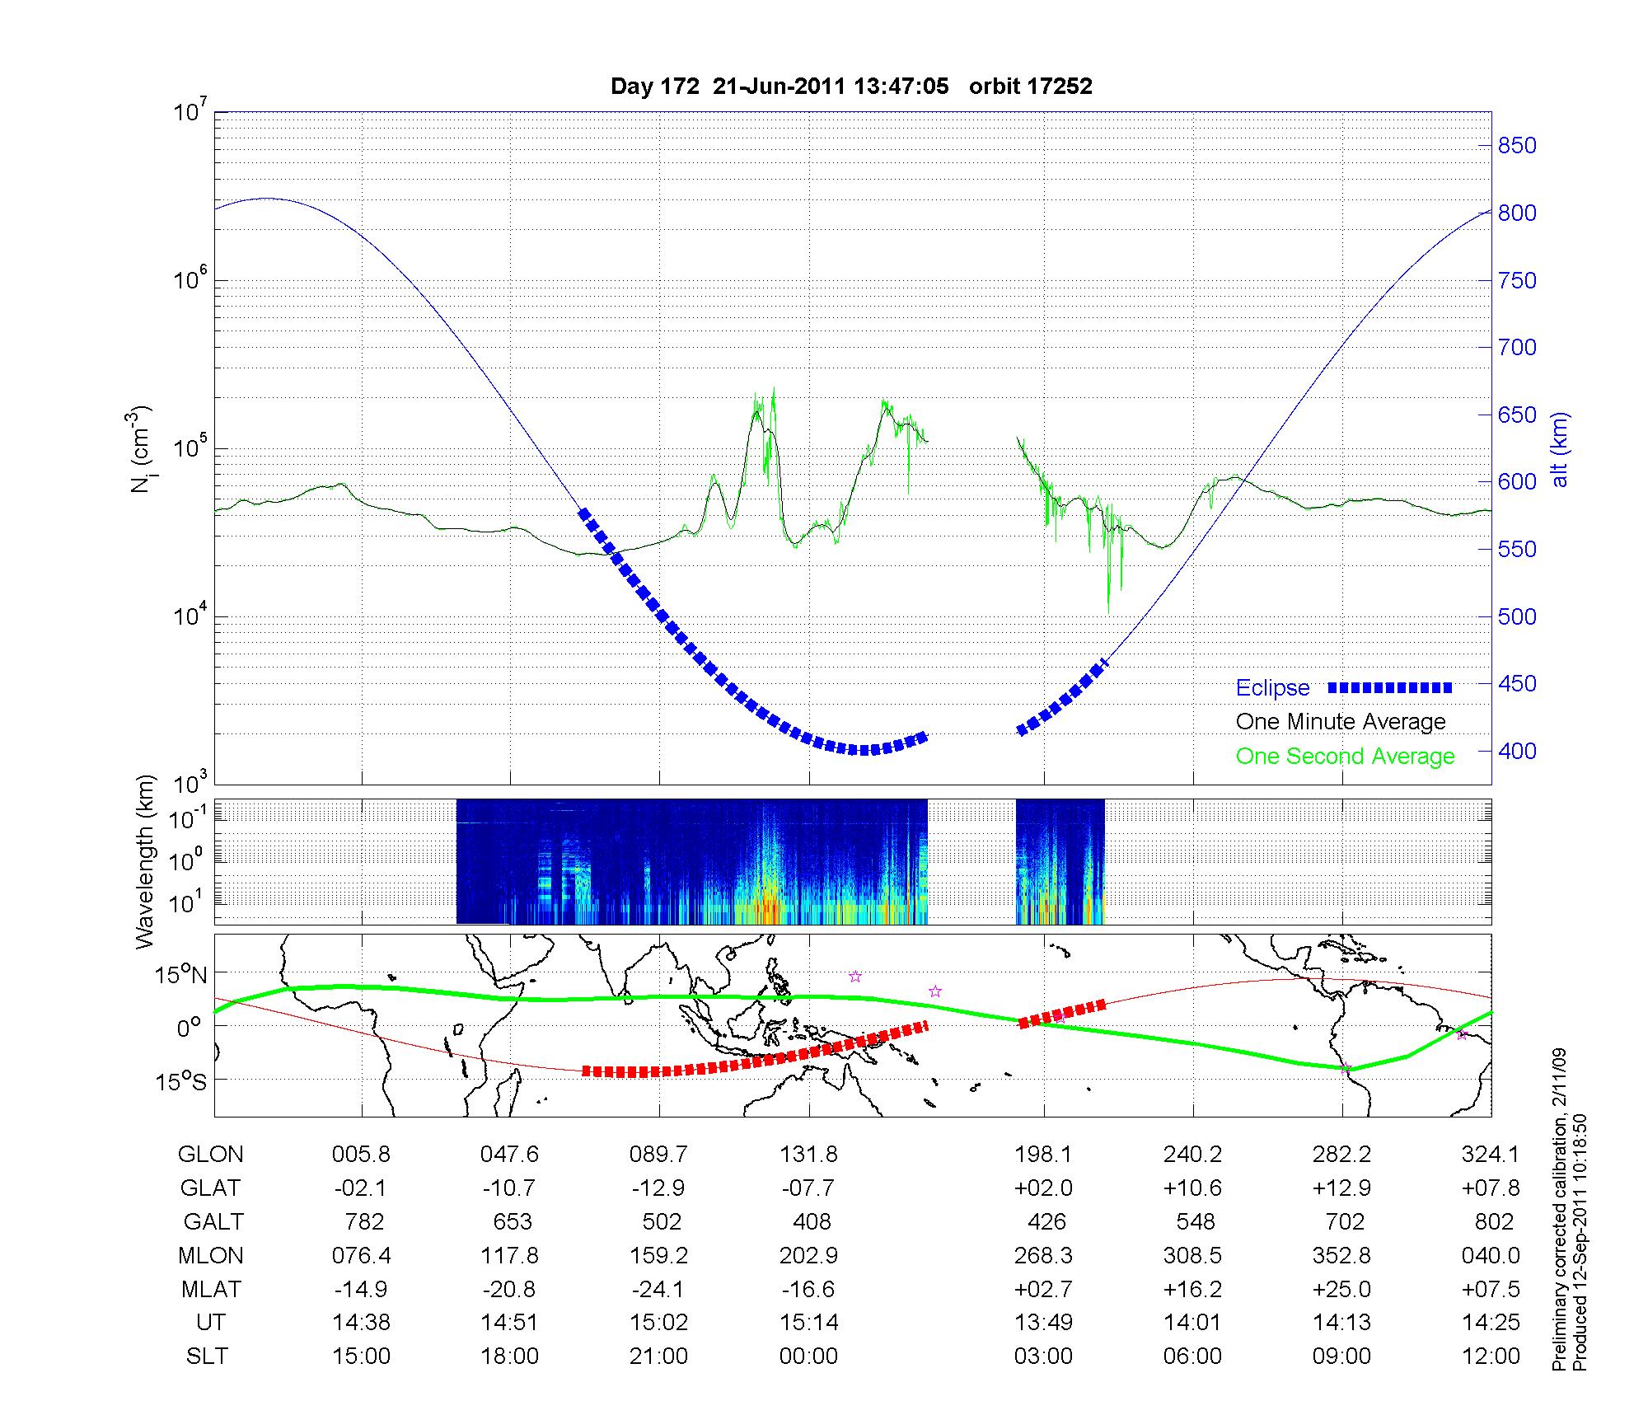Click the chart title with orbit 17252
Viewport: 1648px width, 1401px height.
851,87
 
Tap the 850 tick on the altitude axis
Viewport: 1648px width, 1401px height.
1517,146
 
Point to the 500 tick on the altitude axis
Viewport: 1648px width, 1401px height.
1517,616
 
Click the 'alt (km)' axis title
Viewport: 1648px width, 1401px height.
1560,450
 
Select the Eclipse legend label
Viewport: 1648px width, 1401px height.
1272,688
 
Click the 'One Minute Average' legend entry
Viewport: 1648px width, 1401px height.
1341,722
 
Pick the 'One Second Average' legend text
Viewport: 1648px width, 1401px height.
1345,757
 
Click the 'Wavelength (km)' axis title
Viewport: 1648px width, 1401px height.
146,862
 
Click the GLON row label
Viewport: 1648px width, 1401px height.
210,1155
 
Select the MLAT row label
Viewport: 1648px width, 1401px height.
210,1289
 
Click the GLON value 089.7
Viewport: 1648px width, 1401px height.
658,1155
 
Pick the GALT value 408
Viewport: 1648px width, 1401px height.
810,1221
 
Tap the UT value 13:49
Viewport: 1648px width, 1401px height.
1043,1323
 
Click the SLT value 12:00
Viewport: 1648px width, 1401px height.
1491,1356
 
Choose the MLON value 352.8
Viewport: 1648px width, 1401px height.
1341,1256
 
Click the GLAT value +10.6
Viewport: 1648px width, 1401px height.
1192,1188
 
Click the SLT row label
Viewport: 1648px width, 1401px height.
207,1356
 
